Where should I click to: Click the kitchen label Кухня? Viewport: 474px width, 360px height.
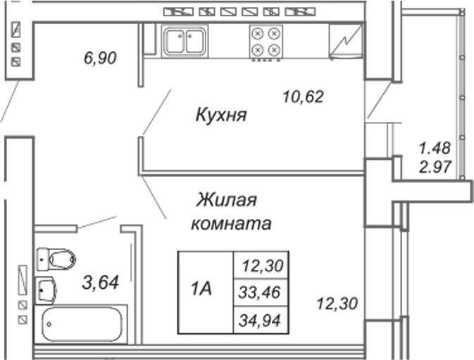[221, 115]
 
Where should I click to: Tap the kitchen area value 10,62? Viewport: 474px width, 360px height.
[303, 97]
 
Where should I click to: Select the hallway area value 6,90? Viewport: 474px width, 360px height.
[100, 58]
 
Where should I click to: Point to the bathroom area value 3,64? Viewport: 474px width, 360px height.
[101, 283]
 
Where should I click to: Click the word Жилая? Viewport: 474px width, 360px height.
[227, 200]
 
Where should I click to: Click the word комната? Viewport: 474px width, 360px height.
[231, 224]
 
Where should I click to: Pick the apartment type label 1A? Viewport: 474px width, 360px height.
[201, 289]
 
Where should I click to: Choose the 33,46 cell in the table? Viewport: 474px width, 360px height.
[260, 292]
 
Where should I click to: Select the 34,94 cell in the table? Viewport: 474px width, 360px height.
[260, 321]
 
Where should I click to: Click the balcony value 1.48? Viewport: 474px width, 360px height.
[435, 148]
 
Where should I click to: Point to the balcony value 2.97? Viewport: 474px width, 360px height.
[435, 166]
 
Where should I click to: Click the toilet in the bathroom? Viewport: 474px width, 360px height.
[56, 259]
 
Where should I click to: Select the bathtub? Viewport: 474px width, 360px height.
[81, 324]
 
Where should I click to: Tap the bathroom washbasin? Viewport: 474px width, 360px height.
[46, 290]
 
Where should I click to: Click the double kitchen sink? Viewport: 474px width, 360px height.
[185, 42]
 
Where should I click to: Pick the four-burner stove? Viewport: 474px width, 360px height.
[266, 42]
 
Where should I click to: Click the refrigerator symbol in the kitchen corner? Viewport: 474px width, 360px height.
[346, 41]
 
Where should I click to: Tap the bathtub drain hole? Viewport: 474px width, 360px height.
[49, 324]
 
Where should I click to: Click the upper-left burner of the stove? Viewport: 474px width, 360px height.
[258, 34]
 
